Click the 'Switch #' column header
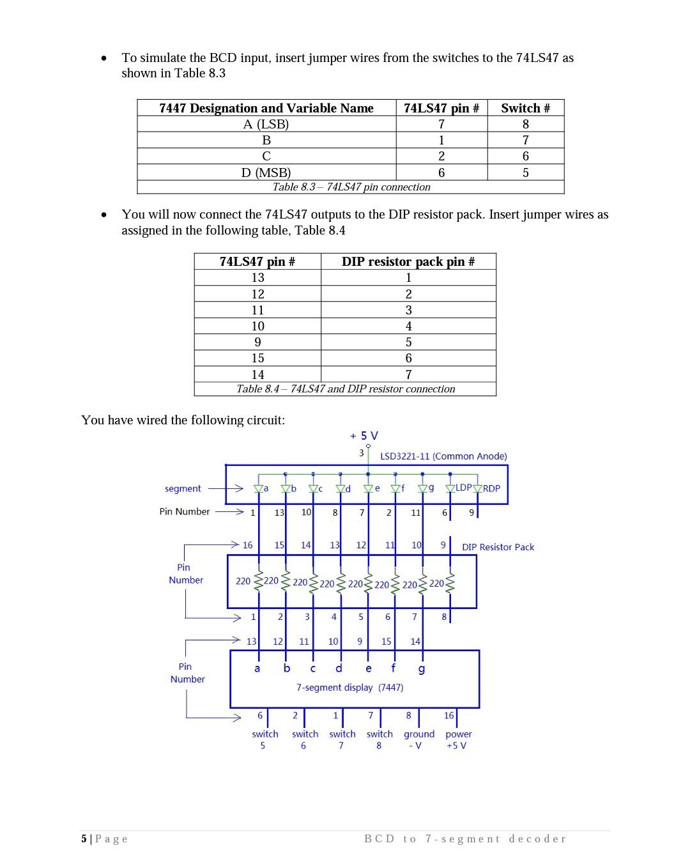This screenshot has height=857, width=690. tap(525, 108)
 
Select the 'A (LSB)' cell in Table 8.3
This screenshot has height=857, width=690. tap(266, 124)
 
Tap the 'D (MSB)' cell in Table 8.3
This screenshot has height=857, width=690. tap(266, 173)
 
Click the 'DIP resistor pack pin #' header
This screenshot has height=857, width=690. tap(408, 261)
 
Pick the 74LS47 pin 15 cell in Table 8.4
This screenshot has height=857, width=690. tap(257, 358)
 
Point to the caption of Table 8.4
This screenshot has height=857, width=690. tap(346, 389)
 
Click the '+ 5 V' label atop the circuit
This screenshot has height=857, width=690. tap(364, 436)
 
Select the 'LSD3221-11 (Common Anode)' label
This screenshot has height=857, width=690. tap(443, 456)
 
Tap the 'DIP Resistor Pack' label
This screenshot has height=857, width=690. tap(498, 547)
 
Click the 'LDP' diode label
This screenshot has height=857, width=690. tap(463, 488)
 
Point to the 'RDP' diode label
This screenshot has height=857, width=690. tap(491, 488)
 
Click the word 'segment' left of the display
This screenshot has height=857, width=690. tap(183, 489)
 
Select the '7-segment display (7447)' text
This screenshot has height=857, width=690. tap(349, 688)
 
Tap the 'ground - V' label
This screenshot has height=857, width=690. tap(418, 740)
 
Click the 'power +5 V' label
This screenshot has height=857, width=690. tap(458, 740)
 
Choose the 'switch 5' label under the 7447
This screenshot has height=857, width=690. tap(264, 740)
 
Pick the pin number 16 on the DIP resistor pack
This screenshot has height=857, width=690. tap(247, 545)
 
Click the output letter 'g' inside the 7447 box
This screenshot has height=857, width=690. tap(421, 669)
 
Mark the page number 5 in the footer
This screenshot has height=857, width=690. tap(84, 838)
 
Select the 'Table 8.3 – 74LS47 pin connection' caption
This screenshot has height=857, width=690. tap(351, 187)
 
